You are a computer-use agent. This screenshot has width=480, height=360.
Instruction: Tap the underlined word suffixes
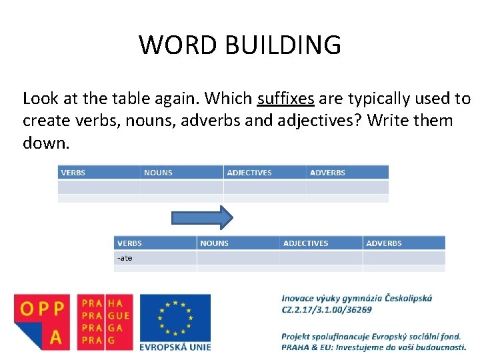(x=285, y=99)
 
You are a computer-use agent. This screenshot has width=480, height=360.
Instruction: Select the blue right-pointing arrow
(x=202, y=217)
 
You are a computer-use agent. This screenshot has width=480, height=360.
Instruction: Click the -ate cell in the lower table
(x=125, y=258)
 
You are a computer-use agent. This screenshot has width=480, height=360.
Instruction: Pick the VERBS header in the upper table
(x=73, y=173)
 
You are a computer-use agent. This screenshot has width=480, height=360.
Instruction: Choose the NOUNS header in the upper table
(x=158, y=173)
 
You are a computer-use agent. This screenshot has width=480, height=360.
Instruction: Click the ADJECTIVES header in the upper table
(x=249, y=173)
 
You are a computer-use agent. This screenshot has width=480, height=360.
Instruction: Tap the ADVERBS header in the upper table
(x=327, y=173)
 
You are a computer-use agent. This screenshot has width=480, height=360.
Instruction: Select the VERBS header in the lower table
(x=129, y=243)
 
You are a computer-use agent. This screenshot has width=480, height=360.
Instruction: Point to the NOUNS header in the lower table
(x=214, y=243)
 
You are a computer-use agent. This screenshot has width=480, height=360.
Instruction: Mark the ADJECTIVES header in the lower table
(x=305, y=243)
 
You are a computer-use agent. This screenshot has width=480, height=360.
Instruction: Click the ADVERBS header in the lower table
(x=384, y=243)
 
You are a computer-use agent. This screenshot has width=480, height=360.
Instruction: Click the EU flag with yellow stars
(x=175, y=317)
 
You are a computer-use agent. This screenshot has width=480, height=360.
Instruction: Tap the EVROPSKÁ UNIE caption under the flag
(x=175, y=347)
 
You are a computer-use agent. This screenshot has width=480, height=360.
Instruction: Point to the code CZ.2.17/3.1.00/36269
(x=327, y=309)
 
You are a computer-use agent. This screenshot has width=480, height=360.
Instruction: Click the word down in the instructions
(x=45, y=143)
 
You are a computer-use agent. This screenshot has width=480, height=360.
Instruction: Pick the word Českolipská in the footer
(x=407, y=298)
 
